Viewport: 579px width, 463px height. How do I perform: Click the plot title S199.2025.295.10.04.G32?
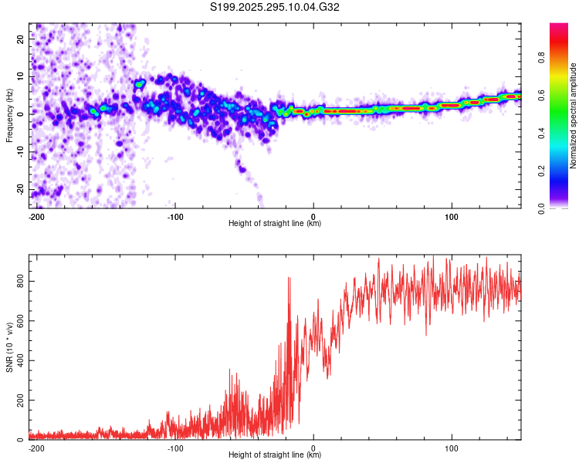pyautogui.click(x=274, y=7)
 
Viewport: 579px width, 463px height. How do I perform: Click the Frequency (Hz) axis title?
pyautogui.click(x=9, y=116)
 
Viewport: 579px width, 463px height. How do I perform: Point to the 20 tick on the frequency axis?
pyautogui.click(x=20, y=39)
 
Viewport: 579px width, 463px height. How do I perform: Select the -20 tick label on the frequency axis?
pyautogui.click(x=20, y=189)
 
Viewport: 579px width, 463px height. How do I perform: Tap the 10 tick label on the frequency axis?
pyautogui.click(x=20, y=76)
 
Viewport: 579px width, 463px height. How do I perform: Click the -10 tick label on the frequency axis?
pyautogui.click(x=20, y=152)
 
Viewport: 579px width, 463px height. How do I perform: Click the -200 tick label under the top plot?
pyautogui.click(x=36, y=217)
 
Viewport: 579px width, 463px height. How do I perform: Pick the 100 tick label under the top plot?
pyautogui.click(x=452, y=217)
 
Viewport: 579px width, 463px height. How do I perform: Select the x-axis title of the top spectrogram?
pyautogui.click(x=275, y=223)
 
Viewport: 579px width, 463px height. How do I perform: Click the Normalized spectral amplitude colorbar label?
pyautogui.click(x=573, y=116)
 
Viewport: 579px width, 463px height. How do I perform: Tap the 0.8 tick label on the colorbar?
pyautogui.click(x=541, y=58)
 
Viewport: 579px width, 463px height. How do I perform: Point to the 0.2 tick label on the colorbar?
pyautogui.click(x=541, y=171)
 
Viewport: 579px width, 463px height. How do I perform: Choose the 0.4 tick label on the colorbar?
pyautogui.click(x=541, y=133)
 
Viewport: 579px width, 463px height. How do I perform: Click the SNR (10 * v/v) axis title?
pyautogui.click(x=9, y=347)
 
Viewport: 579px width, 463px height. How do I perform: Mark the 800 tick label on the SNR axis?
pyautogui.click(x=20, y=282)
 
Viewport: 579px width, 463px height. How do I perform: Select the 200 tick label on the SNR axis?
pyautogui.click(x=20, y=400)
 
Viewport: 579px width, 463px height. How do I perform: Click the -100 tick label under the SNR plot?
pyautogui.click(x=174, y=448)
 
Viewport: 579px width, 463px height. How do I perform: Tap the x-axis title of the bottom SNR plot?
pyautogui.click(x=275, y=455)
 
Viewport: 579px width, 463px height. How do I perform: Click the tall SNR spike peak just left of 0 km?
pyautogui.click(x=289, y=278)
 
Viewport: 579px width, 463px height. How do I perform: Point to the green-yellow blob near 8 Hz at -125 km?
pyautogui.click(x=139, y=84)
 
